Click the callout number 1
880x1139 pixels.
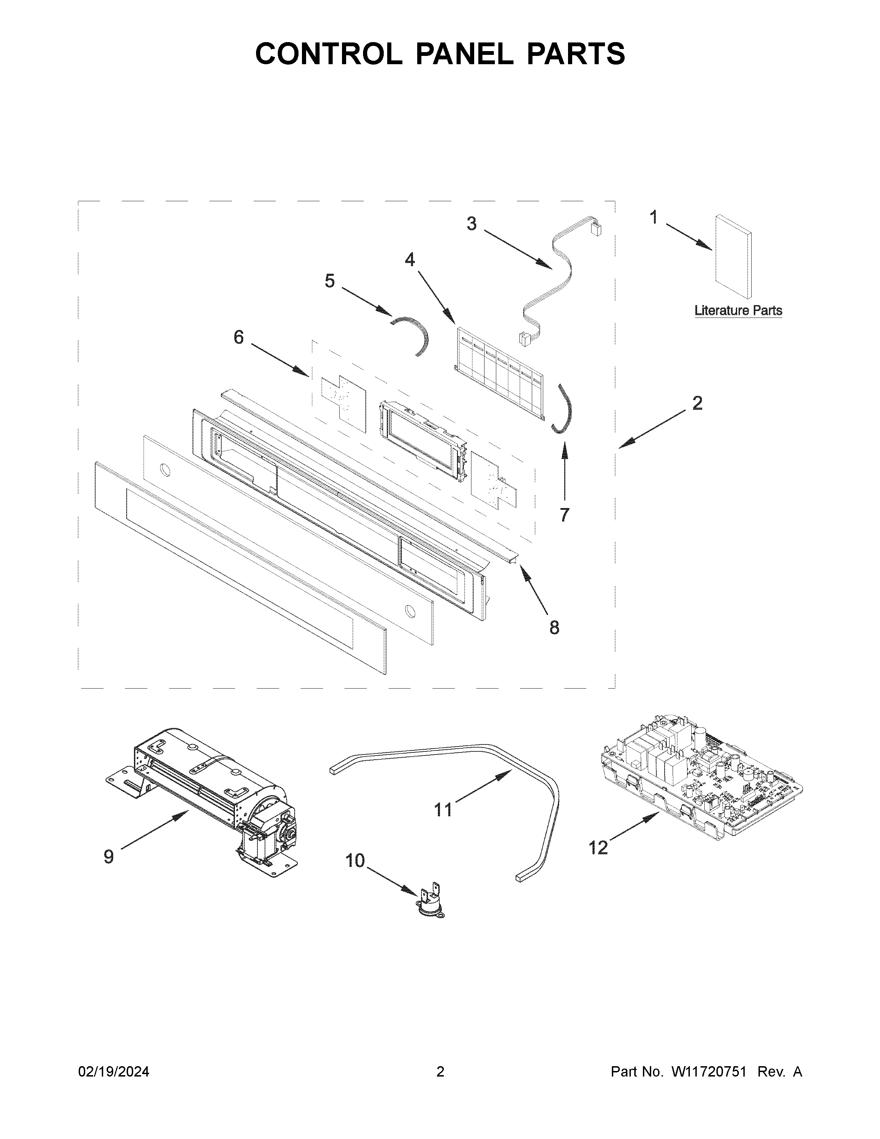654,217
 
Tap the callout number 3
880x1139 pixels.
471,224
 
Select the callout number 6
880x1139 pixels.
238,338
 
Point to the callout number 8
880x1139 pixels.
554,627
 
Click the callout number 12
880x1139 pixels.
598,848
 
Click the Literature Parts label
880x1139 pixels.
738,311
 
